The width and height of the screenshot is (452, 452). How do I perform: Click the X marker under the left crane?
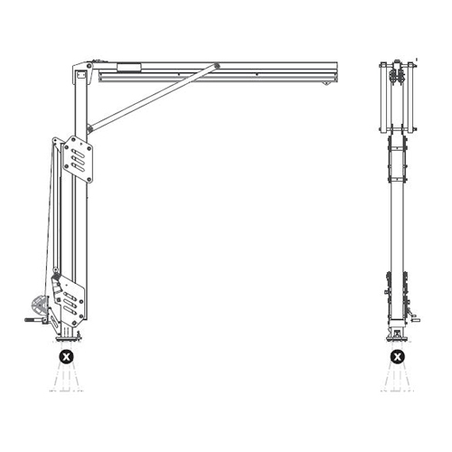pyautogui.click(x=66, y=358)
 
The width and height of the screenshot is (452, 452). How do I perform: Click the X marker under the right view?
pyautogui.click(x=397, y=358)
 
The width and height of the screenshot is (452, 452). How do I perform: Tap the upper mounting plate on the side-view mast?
pyautogui.click(x=80, y=158)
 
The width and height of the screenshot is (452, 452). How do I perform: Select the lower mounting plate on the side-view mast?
pyautogui.click(x=69, y=304)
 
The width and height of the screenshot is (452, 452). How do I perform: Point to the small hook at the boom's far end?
pyautogui.click(x=326, y=83)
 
